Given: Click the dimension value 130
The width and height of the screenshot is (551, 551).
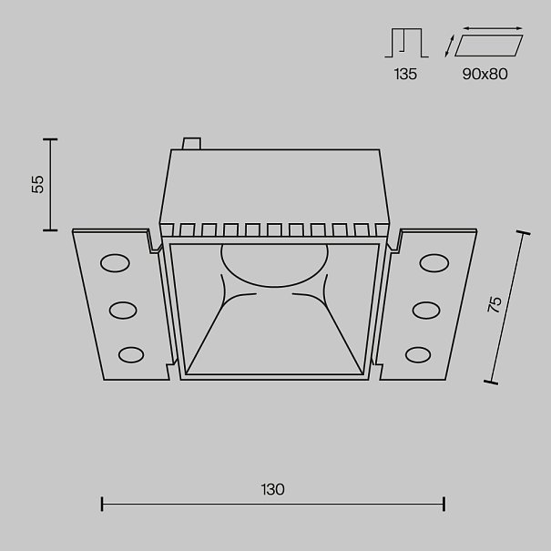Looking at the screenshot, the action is tap(272, 489).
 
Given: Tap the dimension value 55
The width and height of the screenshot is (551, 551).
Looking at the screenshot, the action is tap(37, 184).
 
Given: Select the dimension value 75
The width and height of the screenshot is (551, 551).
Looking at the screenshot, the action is tap(495, 305).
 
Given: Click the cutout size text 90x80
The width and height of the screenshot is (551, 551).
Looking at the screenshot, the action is tap(485, 74).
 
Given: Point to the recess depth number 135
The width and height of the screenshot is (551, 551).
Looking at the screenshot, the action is tap(405, 74).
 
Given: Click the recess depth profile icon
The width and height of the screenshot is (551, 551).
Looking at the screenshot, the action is tap(406, 43).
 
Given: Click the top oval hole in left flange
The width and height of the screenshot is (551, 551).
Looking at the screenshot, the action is tap(115, 263).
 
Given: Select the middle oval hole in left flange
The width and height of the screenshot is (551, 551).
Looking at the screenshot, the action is tap(123, 311).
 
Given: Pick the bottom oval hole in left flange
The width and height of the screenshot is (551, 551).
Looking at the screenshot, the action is tap(131, 355).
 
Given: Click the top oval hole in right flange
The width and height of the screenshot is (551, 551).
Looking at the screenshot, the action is tap(434, 263).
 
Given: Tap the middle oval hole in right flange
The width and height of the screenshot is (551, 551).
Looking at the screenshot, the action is tap(426, 311).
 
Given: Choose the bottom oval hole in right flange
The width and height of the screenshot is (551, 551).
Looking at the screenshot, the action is tap(418, 355).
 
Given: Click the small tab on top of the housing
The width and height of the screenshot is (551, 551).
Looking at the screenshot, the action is tap(191, 143).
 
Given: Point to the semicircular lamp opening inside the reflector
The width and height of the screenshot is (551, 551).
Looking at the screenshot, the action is tap(274, 265).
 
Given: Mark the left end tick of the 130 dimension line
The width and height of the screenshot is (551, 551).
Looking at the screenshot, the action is tap(102, 504).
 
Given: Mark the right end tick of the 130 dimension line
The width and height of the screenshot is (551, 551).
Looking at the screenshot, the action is tap(444, 504).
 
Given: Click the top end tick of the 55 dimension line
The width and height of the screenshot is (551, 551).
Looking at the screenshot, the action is tap(50, 139).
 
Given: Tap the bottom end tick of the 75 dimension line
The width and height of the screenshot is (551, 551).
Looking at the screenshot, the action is tap(491, 383).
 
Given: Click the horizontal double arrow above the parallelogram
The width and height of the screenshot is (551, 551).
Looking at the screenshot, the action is tap(493, 28).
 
